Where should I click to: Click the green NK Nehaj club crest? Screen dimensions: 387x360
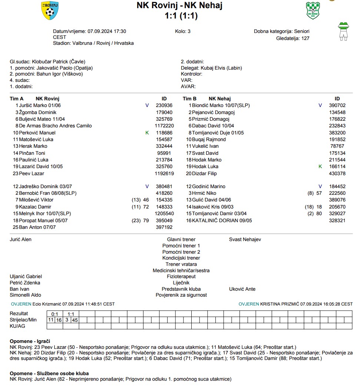click(x=313, y=10)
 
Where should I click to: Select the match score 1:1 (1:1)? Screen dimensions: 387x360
click(x=181, y=16)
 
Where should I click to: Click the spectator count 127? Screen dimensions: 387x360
click(x=305, y=38)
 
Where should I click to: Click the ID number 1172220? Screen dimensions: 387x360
click(x=164, y=126)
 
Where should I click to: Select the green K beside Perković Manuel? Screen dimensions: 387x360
click(x=147, y=133)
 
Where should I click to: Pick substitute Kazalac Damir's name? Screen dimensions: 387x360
click(x=35, y=207)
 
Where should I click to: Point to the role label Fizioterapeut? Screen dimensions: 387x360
click(x=181, y=277)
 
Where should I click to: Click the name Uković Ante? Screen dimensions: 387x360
click(x=242, y=289)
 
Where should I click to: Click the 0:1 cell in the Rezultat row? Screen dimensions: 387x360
click(x=55, y=314)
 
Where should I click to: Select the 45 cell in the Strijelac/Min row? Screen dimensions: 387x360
click(x=75, y=320)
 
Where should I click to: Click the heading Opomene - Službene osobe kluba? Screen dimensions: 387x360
click(x=49, y=373)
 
